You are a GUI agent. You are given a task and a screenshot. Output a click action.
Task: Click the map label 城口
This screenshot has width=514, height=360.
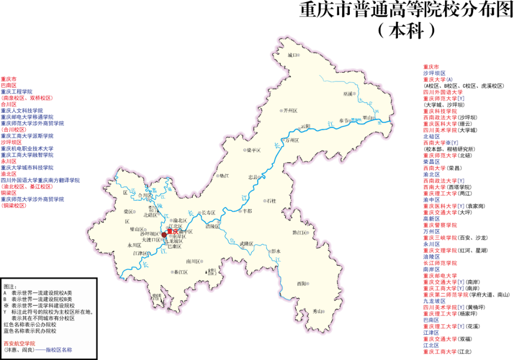(292, 55)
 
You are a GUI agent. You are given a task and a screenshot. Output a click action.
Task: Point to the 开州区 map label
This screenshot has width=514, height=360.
(289, 110)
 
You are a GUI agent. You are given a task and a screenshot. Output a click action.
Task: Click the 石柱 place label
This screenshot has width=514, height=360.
(271, 201)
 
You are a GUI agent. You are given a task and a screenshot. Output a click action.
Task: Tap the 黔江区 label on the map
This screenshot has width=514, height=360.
(300, 233)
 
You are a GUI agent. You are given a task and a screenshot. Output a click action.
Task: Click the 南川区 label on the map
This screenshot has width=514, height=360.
(193, 261)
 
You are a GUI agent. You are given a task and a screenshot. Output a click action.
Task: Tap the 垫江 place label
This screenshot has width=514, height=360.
(223, 175)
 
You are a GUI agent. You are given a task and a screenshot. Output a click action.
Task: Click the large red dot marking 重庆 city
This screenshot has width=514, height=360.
(164, 234)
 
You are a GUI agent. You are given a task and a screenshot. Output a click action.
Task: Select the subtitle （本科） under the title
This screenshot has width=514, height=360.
(406, 30)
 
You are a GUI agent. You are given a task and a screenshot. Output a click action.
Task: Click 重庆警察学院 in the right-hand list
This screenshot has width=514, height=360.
(440, 225)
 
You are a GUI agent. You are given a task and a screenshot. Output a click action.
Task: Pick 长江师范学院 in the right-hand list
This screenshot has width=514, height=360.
(440, 263)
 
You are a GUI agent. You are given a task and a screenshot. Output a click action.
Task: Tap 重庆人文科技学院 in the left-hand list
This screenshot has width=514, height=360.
(25, 110)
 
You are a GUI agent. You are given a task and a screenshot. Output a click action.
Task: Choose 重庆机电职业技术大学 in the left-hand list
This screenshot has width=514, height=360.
(27, 148)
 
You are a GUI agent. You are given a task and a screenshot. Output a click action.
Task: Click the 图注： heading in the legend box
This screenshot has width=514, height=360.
(10, 287)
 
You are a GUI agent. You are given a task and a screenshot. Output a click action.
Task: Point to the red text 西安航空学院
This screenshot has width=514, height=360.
(19, 343)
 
